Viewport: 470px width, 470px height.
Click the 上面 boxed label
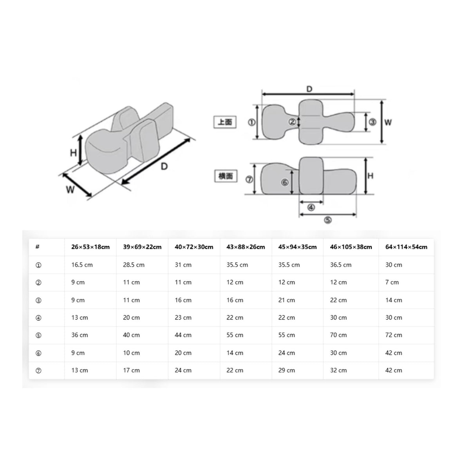point(225,122)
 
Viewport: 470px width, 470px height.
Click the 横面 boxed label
point(226,176)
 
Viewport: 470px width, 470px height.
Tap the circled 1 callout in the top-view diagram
point(251,122)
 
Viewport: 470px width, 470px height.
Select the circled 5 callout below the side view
point(327,220)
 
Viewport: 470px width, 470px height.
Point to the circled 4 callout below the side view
point(311,208)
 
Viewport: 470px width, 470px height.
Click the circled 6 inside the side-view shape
point(285,182)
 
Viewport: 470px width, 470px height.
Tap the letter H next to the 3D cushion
point(73,153)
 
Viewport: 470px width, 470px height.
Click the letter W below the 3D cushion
point(70,190)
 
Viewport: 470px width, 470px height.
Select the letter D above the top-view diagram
point(309,89)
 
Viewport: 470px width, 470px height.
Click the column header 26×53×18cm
point(90,247)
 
